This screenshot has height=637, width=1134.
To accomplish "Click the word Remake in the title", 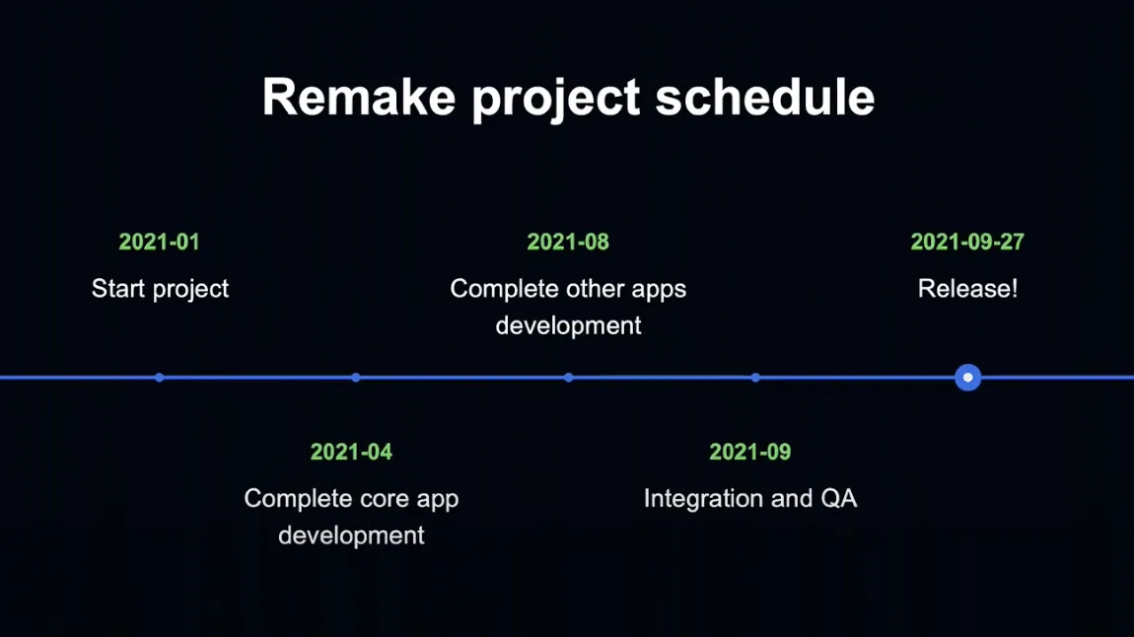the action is pyautogui.click(x=359, y=97).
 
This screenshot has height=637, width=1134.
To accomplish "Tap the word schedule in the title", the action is pyautogui.click(x=765, y=97).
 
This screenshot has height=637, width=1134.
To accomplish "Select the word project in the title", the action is pyautogui.click(x=555, y=100).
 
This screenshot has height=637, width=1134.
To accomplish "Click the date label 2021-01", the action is pyautogui.click(x=159, y=242).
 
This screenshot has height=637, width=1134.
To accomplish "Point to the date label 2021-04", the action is pyautogui.click(x=351, y=452).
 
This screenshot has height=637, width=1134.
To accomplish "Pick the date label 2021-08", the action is pyautogui.click(x=568, y=242).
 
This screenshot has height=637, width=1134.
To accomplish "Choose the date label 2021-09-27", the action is pyautogui.click(x=967, y=242).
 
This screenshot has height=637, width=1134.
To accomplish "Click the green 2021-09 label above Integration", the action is pyautogui.click(x=750, y=452).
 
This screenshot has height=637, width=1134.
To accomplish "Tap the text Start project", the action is pyautogui.click(x=160, y=289).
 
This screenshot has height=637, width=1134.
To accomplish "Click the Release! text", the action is pyautogui.click(x=967, y=289).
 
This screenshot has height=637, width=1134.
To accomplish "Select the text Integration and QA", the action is pyautogui.click(x=750, y=499).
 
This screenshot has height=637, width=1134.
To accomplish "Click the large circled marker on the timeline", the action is pyautogui.click(x=967, y=378).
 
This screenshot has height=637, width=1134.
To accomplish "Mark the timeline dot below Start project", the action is pyautogui.click(x=159, y=378).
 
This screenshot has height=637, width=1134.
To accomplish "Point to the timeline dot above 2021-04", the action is pyautogui.click(x=356, y=378).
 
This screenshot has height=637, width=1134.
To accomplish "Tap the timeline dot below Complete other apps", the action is pyautogui.click(x=568, y=378).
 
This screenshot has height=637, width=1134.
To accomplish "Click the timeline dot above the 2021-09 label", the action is pyautogui.click(x=755, y=378).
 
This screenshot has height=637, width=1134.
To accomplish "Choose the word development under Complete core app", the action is pyautogui.click(x=351, y=535).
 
